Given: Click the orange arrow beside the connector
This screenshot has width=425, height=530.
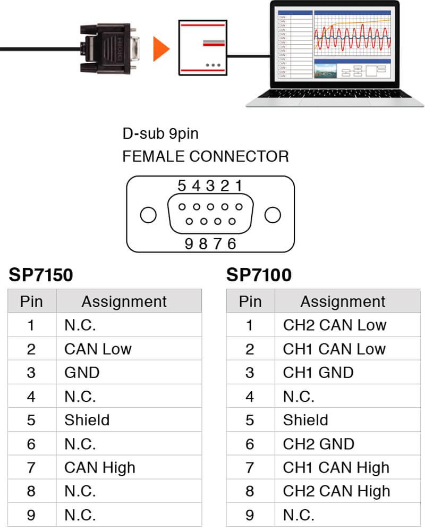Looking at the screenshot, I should tap(161, 49).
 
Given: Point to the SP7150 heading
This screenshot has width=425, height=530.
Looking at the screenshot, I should tap(41, 275).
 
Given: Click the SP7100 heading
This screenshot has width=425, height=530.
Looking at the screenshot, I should tap(259, 275).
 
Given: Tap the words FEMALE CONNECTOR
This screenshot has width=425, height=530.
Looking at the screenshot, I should tap(206, 156).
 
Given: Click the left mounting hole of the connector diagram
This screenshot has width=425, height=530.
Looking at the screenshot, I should tap(148, 215).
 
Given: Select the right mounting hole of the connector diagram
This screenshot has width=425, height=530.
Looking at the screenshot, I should tap(273, 215).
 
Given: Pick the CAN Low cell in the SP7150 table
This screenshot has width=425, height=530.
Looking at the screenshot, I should tap(98, 349).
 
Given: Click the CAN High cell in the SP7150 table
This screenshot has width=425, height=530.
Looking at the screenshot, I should tap(100, 467).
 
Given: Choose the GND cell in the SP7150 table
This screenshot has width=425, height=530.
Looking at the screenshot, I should tap(82, 372).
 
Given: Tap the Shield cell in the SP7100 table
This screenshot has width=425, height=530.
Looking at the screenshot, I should tap(305, 420).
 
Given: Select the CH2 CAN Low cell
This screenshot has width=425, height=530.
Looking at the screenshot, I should tap(334, 325).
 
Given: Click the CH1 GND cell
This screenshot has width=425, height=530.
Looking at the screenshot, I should tap(318, 372).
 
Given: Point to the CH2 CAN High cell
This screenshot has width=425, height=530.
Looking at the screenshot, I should tap(336, 491).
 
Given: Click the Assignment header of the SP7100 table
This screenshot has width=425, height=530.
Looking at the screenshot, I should tap(343, 301).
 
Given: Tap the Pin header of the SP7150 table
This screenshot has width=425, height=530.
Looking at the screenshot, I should tap(31, 301).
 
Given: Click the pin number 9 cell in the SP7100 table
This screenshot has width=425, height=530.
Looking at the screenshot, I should tap(250, 515).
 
